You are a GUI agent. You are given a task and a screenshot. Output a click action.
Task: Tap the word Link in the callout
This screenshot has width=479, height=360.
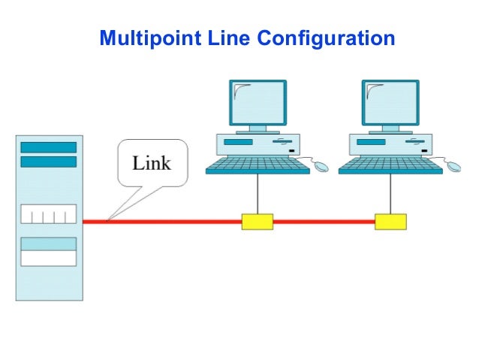(152, 162)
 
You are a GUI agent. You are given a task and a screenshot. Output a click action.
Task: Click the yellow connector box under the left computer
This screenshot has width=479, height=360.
(257, 221)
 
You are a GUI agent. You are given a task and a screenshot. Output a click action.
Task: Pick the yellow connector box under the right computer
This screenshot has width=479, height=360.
(390, 221)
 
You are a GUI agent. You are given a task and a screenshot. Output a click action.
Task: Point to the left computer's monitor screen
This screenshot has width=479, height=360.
(258, 103)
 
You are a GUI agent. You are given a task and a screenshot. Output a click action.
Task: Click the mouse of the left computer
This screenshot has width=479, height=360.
(321, 166)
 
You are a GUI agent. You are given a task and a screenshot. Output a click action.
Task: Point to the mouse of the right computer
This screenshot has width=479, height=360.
(454, 166)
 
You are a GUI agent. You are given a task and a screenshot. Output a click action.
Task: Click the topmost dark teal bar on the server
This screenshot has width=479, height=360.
(49, 147)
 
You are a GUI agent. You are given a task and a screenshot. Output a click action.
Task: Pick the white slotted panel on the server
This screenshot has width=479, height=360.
(49, 214)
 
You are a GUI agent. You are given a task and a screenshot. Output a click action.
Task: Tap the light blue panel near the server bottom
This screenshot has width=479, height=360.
(49, 244)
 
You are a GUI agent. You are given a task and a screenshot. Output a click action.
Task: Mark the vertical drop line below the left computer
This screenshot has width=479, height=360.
(258, 194)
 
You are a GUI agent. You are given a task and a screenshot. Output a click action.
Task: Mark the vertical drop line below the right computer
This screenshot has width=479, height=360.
(391, 194)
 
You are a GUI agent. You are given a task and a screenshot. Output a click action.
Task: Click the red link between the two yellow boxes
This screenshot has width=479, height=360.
(324, 222)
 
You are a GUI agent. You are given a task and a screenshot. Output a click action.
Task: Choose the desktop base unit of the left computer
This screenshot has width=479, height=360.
(258, 144)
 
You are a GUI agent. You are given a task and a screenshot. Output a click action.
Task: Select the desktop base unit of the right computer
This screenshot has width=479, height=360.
(391, 144)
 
